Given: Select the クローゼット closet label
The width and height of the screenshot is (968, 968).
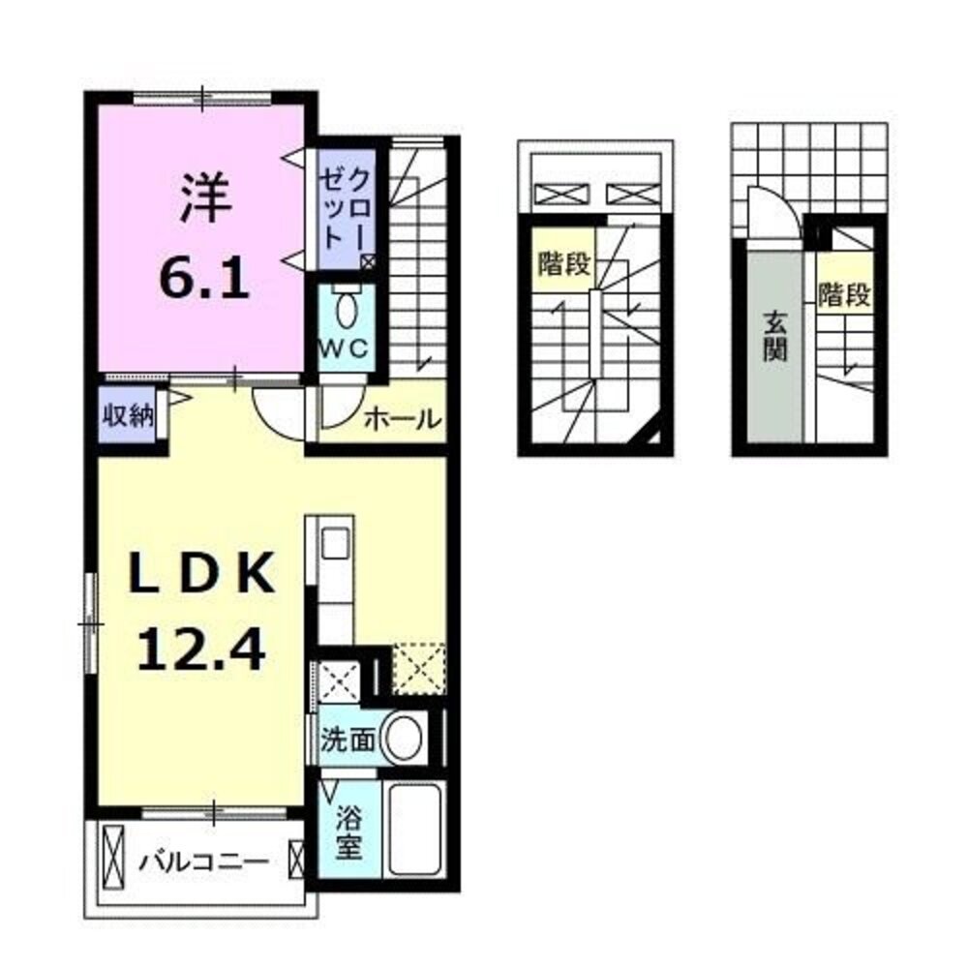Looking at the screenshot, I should pyautogui.click(x=346, y=209).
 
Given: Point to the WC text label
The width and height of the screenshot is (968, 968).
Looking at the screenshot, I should pyautogui.click(x=344, y=350).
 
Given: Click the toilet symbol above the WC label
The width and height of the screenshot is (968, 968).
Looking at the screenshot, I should pyautogui.click(x=345, y=310).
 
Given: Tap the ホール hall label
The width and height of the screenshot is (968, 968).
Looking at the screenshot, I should pyautogui.click(x=403, y=420).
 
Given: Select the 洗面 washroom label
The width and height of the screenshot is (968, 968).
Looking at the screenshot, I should pyautogui.click(x=348, y=741).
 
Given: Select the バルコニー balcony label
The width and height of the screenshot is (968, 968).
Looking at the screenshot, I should pyautogui.click(x=201, y=859).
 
